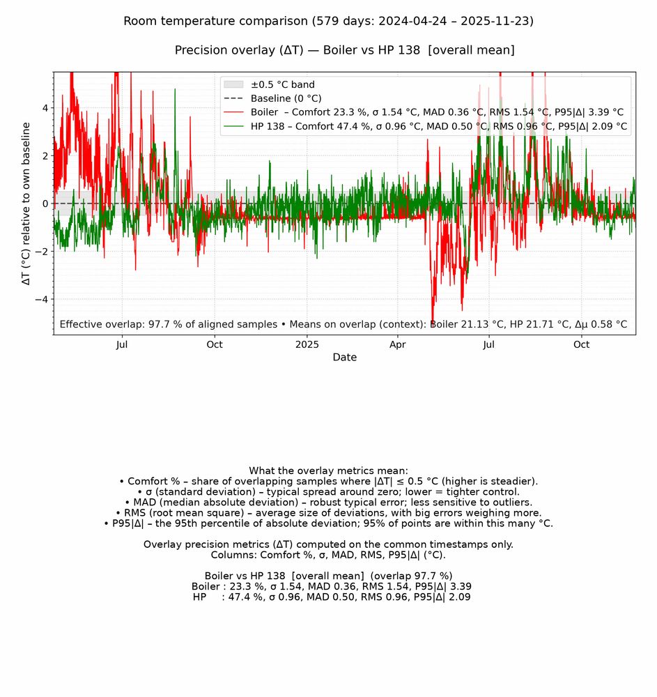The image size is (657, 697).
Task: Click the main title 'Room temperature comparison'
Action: coord(328,21)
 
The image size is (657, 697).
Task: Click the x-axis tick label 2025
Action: coord(307,344)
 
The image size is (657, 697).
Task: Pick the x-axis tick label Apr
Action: coord(398,344)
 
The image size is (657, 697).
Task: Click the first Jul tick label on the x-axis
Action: coord(122,344)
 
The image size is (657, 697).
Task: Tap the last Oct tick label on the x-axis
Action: coord(581,344)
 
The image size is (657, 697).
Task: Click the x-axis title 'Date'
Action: coord(344,358)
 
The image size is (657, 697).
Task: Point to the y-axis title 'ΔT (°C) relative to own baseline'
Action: coord(26,204)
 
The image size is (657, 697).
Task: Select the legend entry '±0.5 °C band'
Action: coord(283,85)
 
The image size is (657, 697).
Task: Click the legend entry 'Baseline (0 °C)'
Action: coord(286,98)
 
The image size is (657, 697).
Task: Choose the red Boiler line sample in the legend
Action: coord(234,112)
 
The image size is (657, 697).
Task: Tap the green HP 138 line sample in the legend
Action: coord(234,126)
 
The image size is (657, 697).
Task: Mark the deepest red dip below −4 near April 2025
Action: coord(433,322)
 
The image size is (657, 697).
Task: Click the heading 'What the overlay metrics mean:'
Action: coord(328,471)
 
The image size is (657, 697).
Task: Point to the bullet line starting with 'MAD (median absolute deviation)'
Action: coord(328,503)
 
